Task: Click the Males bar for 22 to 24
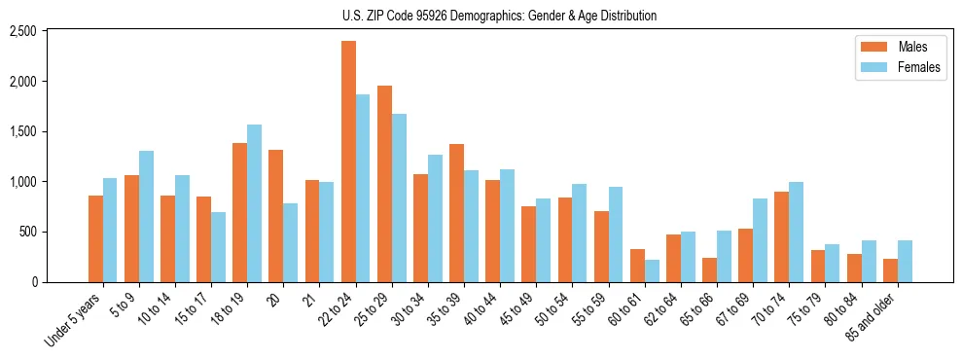[x=348, y=162]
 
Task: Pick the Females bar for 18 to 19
[x=254, y=203]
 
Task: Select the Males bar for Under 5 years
[x=95, y=238]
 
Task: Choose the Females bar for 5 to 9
[x=146, y=216]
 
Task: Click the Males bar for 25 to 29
[x=384, y=184]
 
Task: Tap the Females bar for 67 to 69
[x=760, y=240]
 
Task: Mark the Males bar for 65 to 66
[x=709, y=270]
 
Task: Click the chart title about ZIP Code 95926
[x=500, y=16]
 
